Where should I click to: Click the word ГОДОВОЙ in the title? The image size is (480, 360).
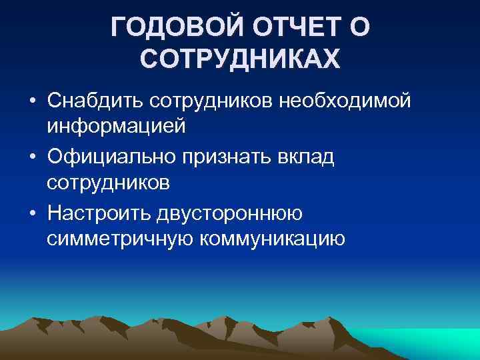coord(173,28)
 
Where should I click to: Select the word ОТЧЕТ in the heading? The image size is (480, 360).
coord(296,28)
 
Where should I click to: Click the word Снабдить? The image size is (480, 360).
coord(96,101)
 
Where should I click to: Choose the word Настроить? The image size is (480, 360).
coord(99,213)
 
